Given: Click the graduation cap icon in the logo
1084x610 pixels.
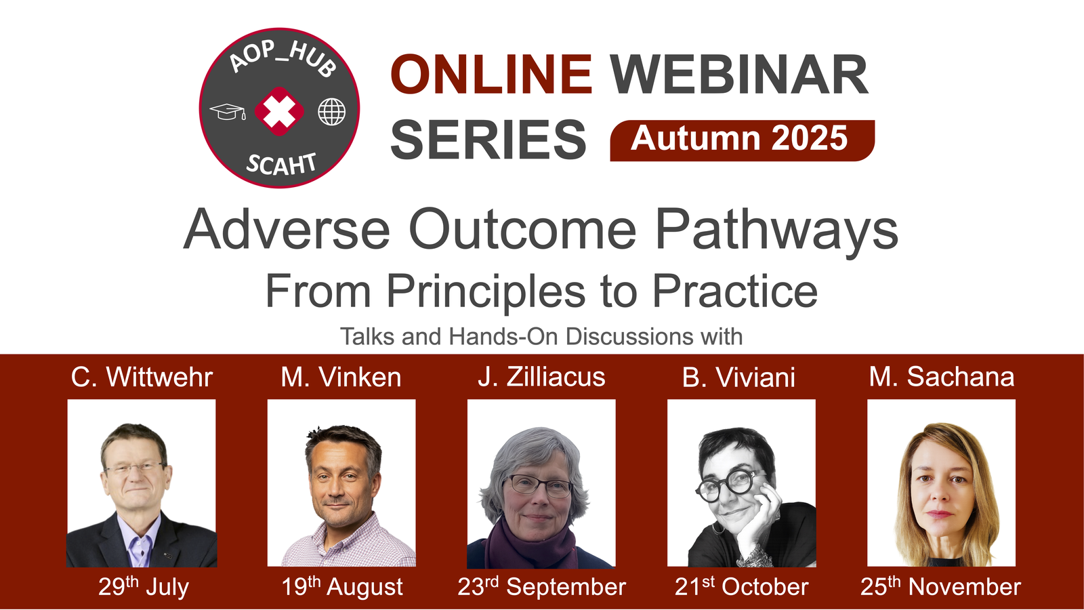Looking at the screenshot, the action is tap(228, 112).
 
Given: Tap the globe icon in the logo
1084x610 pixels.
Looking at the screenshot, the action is tap(331, 111).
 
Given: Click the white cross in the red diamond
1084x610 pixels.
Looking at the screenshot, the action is tap(278, 111).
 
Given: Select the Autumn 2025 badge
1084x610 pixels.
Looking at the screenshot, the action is tap(742, 140).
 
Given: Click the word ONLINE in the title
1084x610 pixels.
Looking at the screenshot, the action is tap(491, 74).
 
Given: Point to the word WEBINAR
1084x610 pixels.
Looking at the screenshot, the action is tap(739, 74).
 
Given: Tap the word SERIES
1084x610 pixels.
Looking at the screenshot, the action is tap(488, 140).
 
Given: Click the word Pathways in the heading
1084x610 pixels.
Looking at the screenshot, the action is tap(776, 230).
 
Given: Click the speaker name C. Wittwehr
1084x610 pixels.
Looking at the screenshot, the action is tap(142, 377).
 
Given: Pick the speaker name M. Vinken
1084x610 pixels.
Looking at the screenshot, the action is tap(341, 377).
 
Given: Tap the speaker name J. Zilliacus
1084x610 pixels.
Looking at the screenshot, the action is tap(541, 377).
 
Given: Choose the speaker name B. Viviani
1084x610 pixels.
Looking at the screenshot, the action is tap(739, 377).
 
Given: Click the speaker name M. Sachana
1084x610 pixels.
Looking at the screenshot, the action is tap(942, 377).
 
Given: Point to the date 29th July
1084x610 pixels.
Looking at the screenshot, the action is tap(143, 586).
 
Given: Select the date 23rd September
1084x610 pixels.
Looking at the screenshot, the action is tap(541, 586).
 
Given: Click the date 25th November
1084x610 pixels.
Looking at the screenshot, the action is tap(941, 586).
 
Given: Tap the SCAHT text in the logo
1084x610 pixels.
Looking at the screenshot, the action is tap(281, 163).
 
